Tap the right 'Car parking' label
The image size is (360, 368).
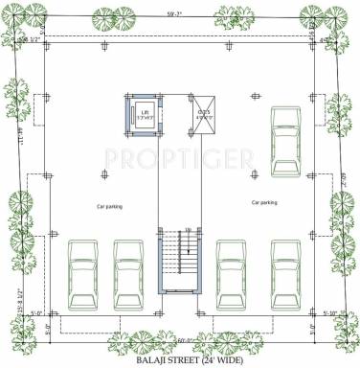[x=263, y=203]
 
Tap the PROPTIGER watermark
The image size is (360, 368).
[x=179, y=155]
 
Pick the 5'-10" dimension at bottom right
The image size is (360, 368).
[x=331, y=312]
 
